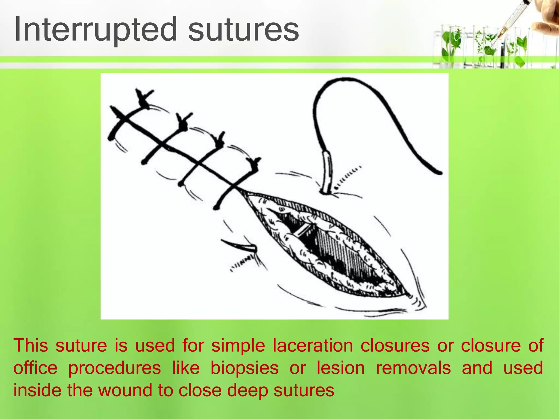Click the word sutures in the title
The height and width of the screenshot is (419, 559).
point(243,29)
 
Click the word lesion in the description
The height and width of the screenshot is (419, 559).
point(340,368)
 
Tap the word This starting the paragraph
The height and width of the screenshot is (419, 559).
point(31,346)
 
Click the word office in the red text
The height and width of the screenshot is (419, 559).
point(35,368)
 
